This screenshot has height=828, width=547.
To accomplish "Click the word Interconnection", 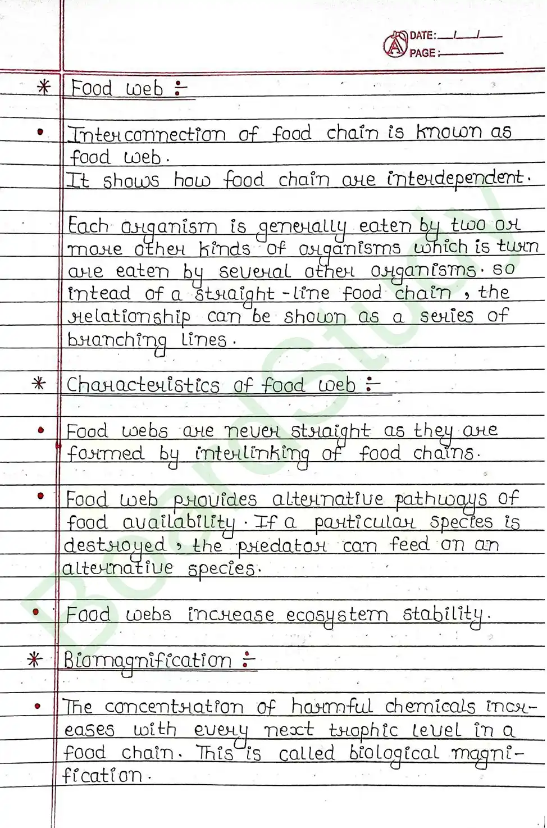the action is pos(147,134).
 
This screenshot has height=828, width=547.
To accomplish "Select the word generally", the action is pos(302,227).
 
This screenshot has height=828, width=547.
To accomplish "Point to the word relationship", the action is pos(129,317).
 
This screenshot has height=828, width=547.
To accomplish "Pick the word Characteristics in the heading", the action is pos(143,385).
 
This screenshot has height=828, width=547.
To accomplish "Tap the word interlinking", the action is pos(252,454).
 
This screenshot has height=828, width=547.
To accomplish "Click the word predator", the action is pos(281,545).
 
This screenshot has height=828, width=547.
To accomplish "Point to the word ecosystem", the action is pos(337,615).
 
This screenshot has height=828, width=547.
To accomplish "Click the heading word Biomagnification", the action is pos(147,661).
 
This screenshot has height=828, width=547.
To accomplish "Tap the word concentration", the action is pos(174,707).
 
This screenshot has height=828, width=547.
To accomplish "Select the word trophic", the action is pos(363,730).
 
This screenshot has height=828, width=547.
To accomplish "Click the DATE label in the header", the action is pos(422,35).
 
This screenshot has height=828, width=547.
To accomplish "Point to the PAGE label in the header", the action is pos(422,53).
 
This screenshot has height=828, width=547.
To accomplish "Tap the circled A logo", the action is pos(395,45).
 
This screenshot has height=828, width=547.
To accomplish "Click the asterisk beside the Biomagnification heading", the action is pos(35,659).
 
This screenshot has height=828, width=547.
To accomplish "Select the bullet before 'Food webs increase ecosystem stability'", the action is pos(36,612).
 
